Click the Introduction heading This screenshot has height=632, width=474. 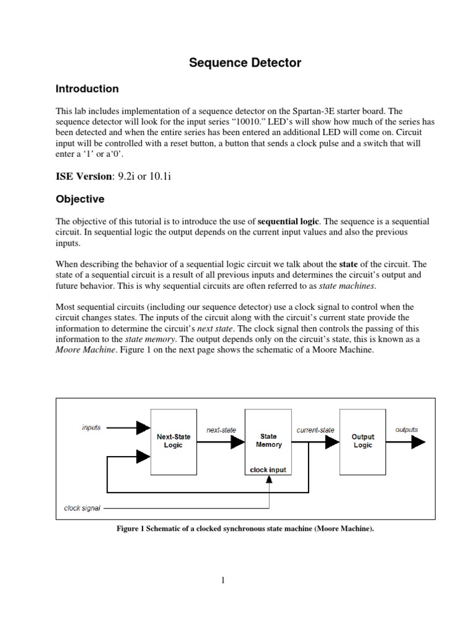click(87, 89)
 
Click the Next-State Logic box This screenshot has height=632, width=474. click(173, 441)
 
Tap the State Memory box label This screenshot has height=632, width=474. click(268, 440)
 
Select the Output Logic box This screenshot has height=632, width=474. click(363, 441)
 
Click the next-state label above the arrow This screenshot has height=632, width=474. click(221, 429)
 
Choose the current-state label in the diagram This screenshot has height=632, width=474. click(315, 429)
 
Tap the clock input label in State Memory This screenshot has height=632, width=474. click(268, 470)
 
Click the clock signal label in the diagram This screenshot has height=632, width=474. click(83, 509)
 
